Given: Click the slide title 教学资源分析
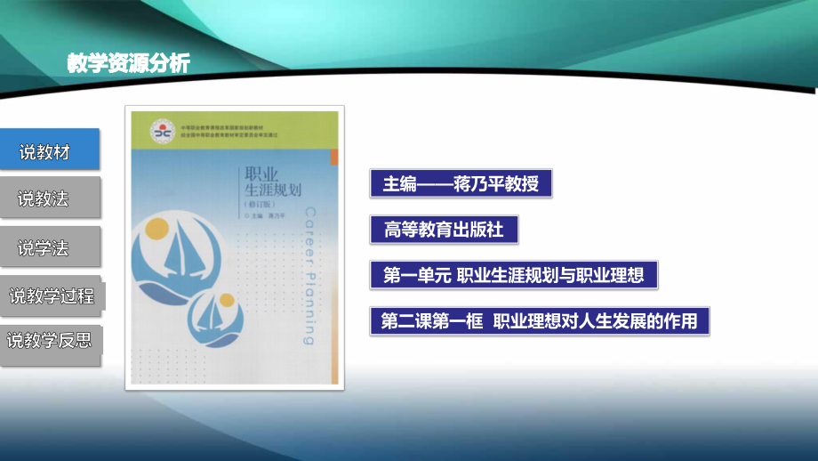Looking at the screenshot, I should click(128, 63).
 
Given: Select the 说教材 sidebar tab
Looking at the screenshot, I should click(49, 152).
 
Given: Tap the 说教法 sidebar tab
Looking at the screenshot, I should click(49, 199).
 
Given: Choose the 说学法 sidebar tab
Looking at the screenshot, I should click(49, 248).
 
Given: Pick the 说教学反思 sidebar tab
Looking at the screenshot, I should click(50, 340).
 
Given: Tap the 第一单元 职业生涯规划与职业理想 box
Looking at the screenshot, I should click(513, 275).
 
